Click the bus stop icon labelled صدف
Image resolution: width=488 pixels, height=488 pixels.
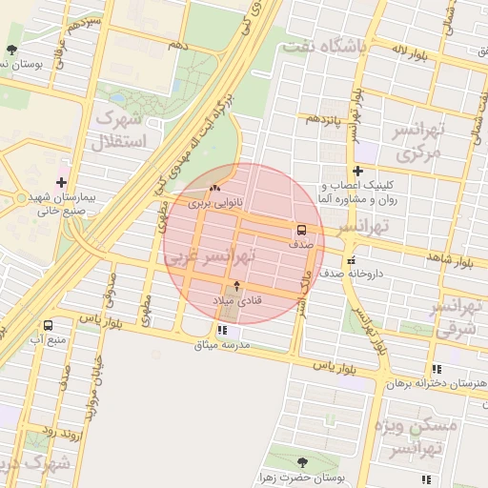coord(301,230)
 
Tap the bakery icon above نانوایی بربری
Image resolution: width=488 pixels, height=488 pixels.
coord(214,188)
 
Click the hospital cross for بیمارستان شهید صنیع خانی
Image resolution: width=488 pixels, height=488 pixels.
coord(62,181)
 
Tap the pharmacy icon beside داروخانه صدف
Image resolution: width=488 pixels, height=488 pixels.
coord(351,260)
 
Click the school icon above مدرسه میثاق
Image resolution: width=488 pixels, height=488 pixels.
coord(222,330)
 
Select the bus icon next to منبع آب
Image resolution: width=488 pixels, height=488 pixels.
coord(48,325)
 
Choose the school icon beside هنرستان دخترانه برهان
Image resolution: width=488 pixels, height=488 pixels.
coord(437,369)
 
